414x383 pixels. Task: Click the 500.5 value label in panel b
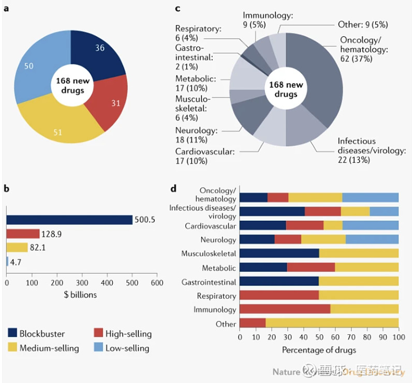pyautogui.click(x=145, y=220)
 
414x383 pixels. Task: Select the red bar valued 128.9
pyautogui.click(x=23, y=234)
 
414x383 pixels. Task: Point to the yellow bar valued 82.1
pyautogui.click(x=17, y=247)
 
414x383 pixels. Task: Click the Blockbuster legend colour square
pyautogui.click(x=13, y=333)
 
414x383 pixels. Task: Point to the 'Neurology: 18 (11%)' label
pyautogui.click(x=197, y=135)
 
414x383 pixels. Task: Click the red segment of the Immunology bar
pyautogui.click(x=285, y=310)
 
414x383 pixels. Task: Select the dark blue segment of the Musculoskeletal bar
pyautogui.click(x=279, y=253)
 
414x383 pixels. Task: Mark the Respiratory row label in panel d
pyautogui.click(x=216, y=296)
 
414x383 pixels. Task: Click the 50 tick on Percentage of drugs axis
pyautogui.click(x=319, y=337)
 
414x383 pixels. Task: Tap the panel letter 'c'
pyautogui.click(x=178, y=8)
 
